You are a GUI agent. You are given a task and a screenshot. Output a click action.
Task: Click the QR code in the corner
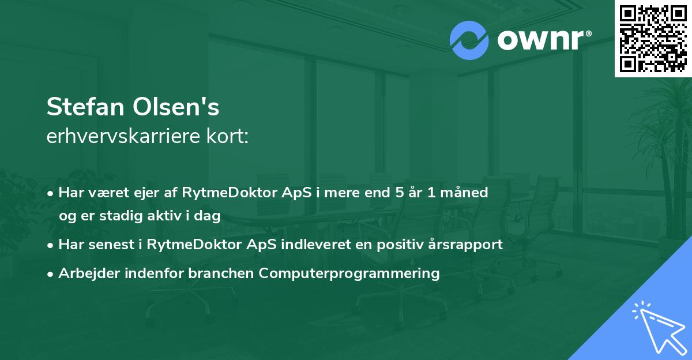point(653,39)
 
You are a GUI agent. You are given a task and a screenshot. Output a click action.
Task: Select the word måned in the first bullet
point(467,193)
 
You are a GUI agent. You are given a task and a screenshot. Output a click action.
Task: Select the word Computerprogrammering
point(349,273)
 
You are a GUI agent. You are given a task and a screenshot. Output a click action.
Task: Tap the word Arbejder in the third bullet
point(85,273)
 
